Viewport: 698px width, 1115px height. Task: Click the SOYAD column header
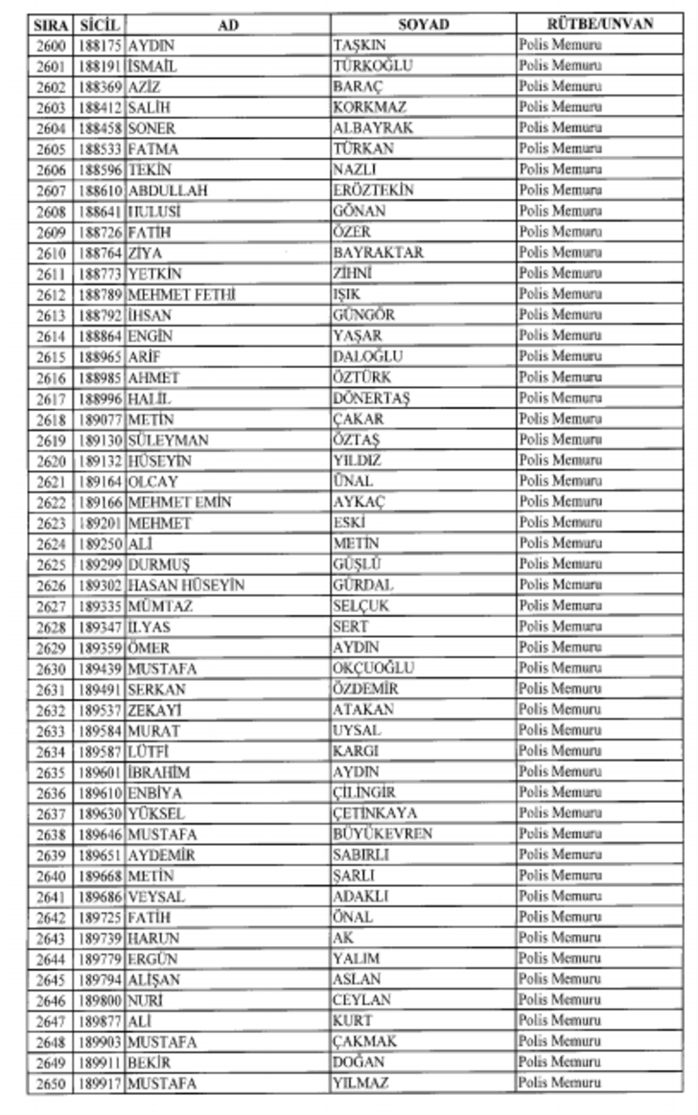pos(423,24)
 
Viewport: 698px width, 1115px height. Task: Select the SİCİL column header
pos(100,24)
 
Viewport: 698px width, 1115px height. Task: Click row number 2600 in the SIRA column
pos(51,45)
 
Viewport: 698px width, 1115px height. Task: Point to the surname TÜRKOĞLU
pos(370,66)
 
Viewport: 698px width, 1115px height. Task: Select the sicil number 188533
pos(101,149)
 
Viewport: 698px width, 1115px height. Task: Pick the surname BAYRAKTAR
pos(378,253)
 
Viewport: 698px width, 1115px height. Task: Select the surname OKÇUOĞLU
pos(374,668)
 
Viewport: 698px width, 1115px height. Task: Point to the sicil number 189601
pos(101,772)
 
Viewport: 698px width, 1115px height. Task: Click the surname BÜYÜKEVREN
pos(382,834)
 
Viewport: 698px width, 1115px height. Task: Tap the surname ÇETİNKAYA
pos(375,813)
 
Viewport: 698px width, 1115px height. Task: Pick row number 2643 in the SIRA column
pos(51,938)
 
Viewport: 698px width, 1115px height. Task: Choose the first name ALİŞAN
pos(153,980)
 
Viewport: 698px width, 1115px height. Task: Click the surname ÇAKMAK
pos(364,1042)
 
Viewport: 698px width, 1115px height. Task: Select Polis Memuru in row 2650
pos(560,1083)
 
